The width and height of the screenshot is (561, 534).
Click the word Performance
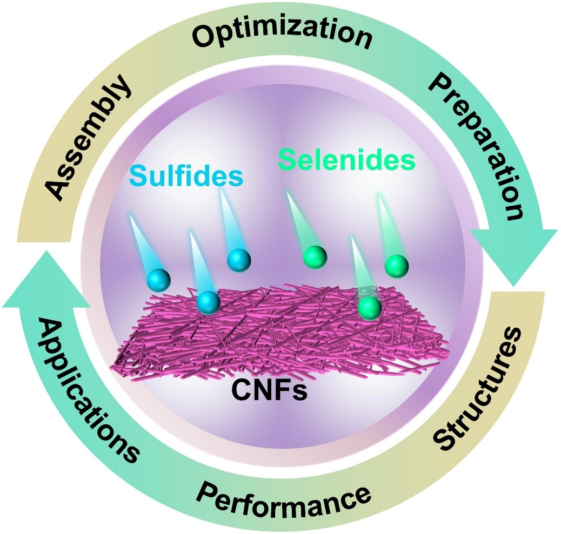(x=284, y=489)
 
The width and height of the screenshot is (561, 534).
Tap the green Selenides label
(x=346, y=160)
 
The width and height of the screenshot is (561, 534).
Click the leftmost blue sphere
(x=159, y=280)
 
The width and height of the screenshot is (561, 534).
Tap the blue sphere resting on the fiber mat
(x=208, y=302)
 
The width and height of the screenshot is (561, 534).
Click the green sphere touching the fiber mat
(x=370, y=308)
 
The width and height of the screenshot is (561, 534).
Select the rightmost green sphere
(x=396, y=266)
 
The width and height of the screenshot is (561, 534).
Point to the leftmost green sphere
(x=316, y=256)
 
